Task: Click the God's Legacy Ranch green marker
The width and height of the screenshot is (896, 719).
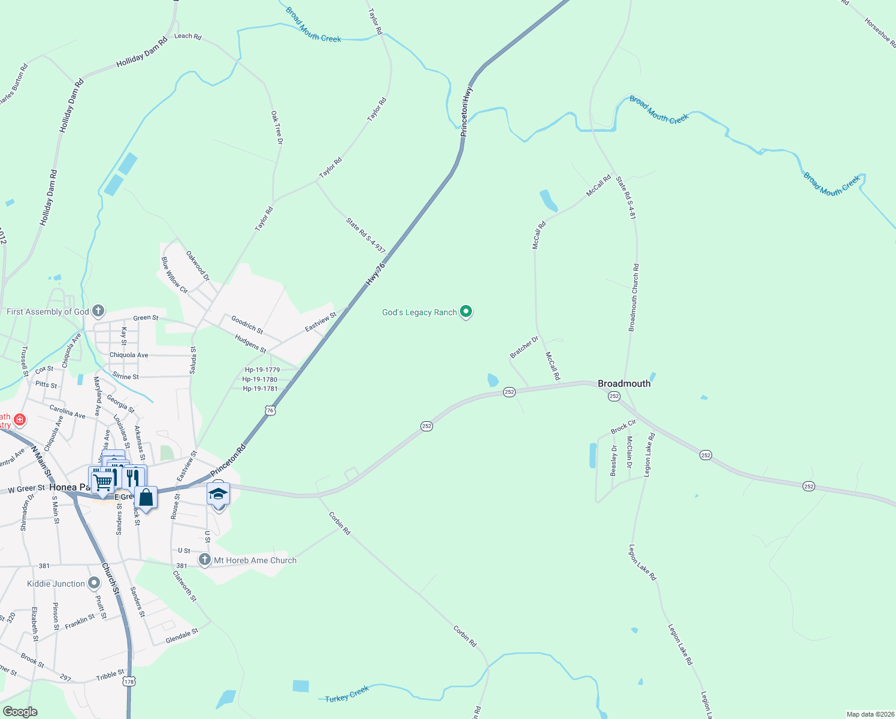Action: pos(466,312)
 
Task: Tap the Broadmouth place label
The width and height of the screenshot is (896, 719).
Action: pos(624,383)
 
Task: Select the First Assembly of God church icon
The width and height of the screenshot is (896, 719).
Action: pos(98,311)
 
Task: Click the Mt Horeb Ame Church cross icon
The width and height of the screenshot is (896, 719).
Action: pos(205,560)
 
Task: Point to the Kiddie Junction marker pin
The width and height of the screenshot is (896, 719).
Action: pos(94,583)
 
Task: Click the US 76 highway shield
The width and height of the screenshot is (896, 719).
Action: pos(271,410)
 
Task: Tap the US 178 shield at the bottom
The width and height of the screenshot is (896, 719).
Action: pos(129,681)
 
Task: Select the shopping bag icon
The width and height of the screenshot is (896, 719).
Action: pos(146,497)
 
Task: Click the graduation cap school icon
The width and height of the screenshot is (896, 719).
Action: pos(218,494)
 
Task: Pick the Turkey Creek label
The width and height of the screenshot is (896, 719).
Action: pos(347,695)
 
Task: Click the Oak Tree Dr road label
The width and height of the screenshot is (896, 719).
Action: pos(276,128)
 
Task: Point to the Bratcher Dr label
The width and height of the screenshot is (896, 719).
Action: pos(524,348)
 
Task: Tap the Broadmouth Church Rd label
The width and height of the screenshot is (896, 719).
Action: pos(633,298)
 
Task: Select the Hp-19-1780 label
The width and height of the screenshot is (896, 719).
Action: pos(260,379)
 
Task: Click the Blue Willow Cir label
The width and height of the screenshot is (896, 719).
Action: pos(174,275)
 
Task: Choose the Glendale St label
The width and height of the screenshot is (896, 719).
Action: pos(181,636)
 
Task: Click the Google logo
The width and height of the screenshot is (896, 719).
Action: pos(20,712)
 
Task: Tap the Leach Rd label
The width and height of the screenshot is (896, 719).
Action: pos(187,37)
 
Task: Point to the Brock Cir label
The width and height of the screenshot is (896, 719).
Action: pos(623,427)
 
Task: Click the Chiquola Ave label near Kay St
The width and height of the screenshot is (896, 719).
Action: pos(129,355)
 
